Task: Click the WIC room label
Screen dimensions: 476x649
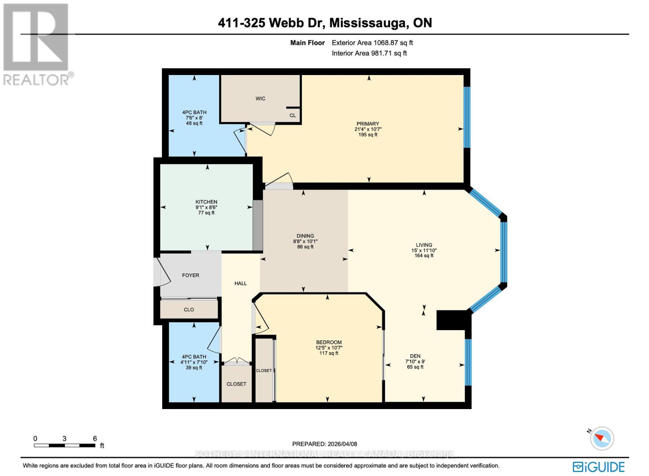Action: click(260, 99)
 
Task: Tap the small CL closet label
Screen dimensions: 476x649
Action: click(292, 115)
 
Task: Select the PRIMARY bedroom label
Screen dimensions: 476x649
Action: click(367, 124)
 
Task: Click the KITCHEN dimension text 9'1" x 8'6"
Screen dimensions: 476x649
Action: click(206, 207)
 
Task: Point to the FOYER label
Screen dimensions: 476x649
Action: click(191, 275)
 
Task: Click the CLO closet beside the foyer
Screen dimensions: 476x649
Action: click(189, 310)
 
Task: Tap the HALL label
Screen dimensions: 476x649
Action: click(241, 283)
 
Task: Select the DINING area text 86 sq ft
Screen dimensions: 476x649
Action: click(305, 247)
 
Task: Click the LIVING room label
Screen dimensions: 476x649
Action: click(424, 245)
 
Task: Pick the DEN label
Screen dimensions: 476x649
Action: click(415, 356)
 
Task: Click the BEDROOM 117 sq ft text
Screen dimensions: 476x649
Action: click(329, 353)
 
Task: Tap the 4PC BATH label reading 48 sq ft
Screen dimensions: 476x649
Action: click(194, 123)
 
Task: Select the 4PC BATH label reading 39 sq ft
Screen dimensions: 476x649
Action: click(194, 368)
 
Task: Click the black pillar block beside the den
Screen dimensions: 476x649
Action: click(452, 320)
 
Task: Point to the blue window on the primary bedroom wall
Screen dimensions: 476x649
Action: click(467, 117)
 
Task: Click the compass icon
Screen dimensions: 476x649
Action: click(602, 439)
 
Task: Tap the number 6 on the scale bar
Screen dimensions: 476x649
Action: click(95, 438)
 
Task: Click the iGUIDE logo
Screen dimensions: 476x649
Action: click(599, 466)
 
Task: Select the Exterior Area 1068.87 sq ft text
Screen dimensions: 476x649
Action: click(372, 43)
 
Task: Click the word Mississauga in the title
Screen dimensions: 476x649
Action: click(369, 23)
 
